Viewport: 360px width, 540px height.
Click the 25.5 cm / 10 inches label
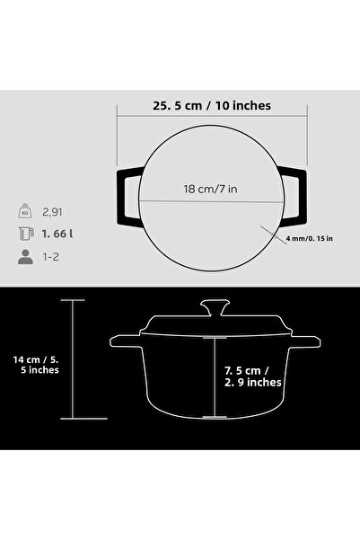point(211,105)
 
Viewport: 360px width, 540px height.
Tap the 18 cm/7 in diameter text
point(211,190)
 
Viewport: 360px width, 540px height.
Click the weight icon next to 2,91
point(23,212)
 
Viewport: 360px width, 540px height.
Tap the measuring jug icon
point(23,236)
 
